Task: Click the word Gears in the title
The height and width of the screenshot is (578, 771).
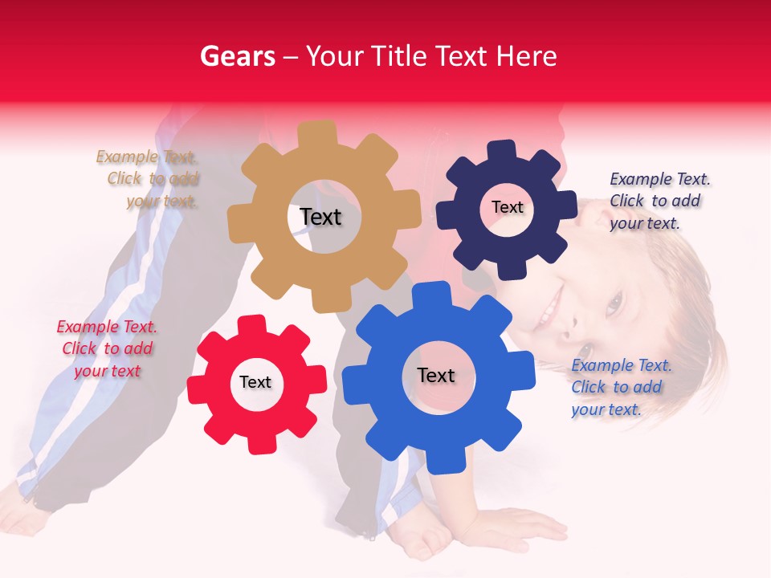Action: (237, 56)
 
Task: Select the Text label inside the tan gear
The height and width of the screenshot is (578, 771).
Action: (320, 217)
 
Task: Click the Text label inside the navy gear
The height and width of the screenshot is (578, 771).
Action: (507, 207)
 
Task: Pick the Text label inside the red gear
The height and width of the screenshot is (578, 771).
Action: (255, 382)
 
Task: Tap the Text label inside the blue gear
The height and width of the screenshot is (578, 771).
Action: (436, 375)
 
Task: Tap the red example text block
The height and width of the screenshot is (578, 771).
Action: (107, 348)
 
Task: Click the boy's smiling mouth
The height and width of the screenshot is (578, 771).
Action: (552, 308)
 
